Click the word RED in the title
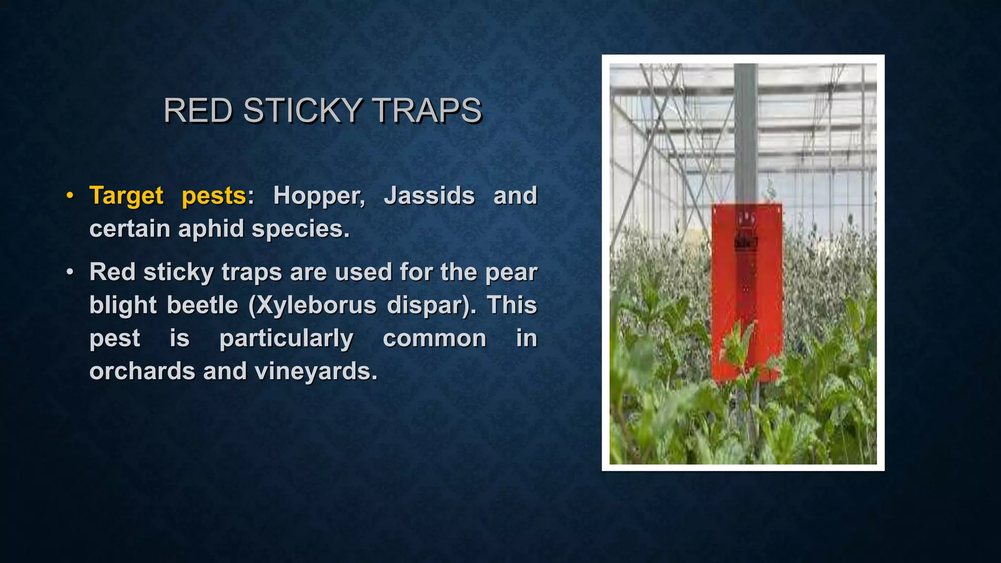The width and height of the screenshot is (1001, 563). click(197, 110)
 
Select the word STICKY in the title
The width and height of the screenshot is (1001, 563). click(302, 110)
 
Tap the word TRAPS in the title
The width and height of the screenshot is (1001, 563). click(427, 110)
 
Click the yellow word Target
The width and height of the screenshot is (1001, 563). click(126, 195)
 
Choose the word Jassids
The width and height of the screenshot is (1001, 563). click(429, 195)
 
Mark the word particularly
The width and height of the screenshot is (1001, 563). click(286, 339)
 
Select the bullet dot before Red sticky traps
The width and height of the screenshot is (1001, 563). click(70, 272)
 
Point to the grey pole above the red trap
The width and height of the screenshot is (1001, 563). click(746, 132)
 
